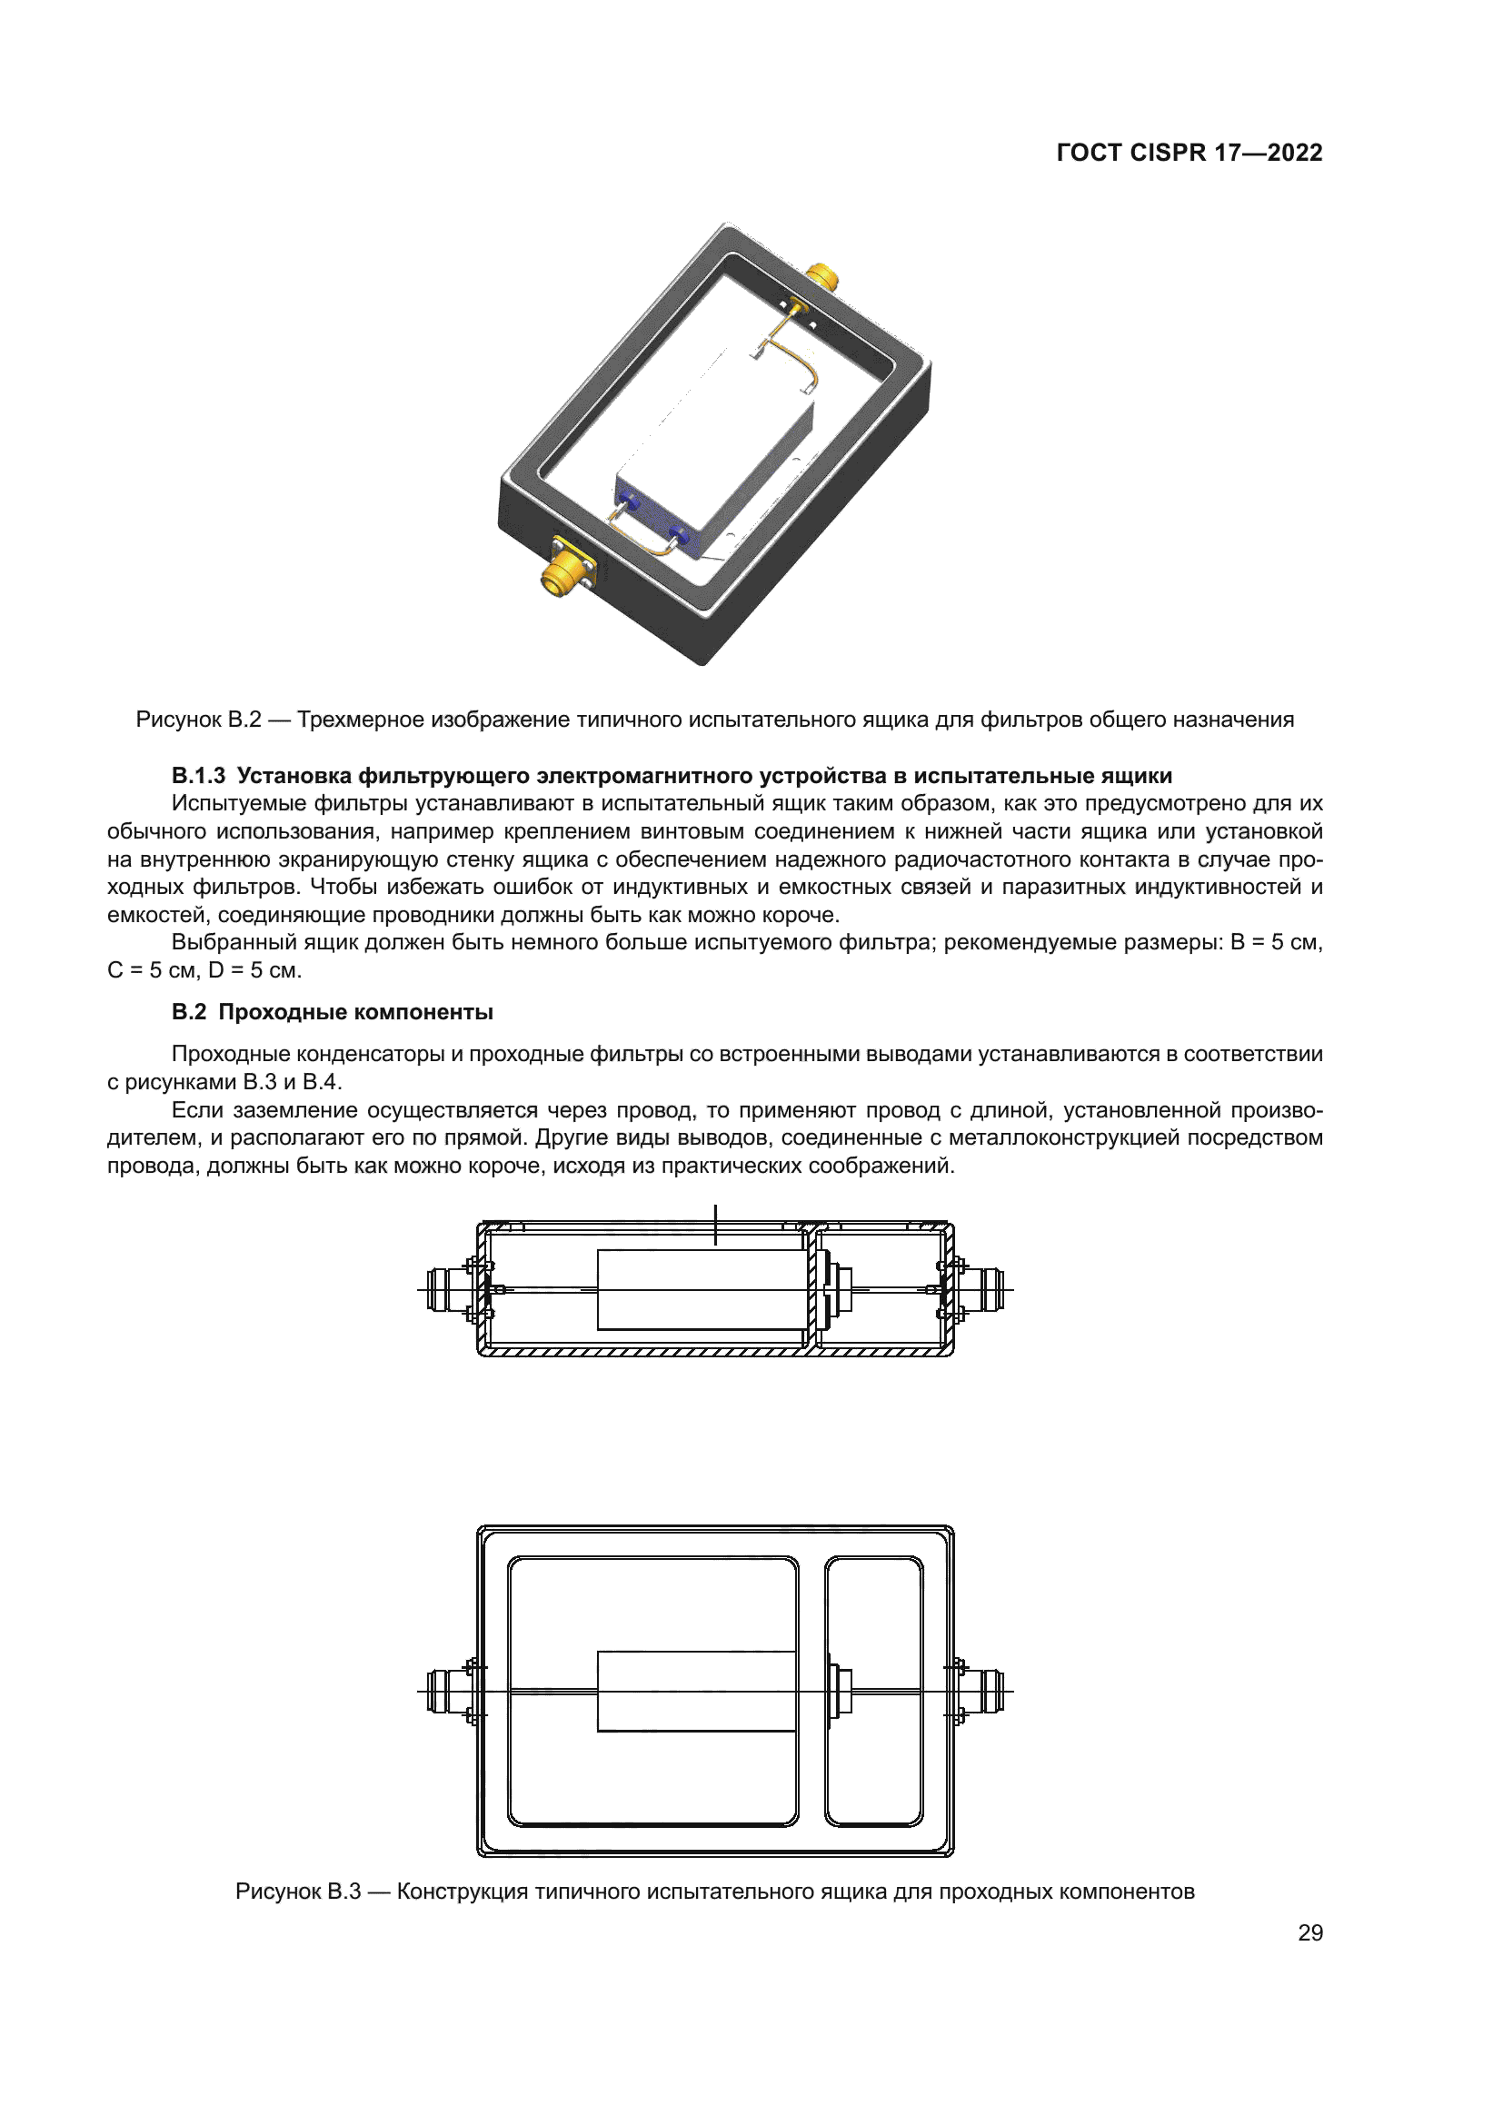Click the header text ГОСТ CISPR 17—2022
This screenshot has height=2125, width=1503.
point(1189,153)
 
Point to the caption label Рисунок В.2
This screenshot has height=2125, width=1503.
point(198,720)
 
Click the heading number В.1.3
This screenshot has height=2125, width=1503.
point(198,776)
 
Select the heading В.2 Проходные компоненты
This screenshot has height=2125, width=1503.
point(333,1011)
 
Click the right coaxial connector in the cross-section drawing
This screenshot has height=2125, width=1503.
point(984,1290)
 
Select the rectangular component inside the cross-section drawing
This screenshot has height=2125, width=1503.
point(702,1290)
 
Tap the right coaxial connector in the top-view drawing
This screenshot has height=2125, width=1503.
point(984,1692)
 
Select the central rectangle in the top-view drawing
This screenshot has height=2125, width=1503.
point(696,1692)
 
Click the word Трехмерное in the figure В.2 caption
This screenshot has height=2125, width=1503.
point(361,720)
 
